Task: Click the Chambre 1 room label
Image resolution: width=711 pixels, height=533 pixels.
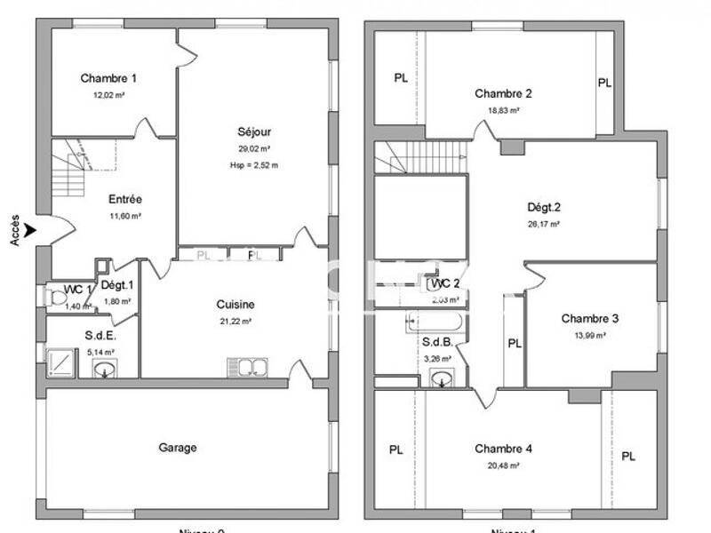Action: (x=108, y=78)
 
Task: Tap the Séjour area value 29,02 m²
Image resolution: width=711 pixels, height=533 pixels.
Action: (x=253, y=149)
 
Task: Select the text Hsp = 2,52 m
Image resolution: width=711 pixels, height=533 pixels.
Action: (x=253, y=165)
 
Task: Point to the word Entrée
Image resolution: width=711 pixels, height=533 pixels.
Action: (x=125, y=199)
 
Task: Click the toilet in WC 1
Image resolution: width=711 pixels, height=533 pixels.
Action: (x=58, y=298)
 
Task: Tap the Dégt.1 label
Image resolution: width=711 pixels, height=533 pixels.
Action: (x=116, y=285)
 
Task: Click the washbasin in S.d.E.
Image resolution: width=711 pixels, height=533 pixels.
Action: (x=106, y=369)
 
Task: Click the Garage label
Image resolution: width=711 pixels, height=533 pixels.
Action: (x=178, y=448)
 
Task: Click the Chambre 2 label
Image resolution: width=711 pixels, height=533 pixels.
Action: (x=503, y=94)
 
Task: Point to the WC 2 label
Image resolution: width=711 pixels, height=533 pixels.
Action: (x=444, y=284)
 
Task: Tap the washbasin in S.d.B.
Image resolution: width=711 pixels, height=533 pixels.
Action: (x=441, y=379)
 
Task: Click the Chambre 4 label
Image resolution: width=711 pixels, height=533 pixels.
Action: (x=503, y=449)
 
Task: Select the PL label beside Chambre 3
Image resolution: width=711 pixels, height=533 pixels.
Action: (x=514, y=344)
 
